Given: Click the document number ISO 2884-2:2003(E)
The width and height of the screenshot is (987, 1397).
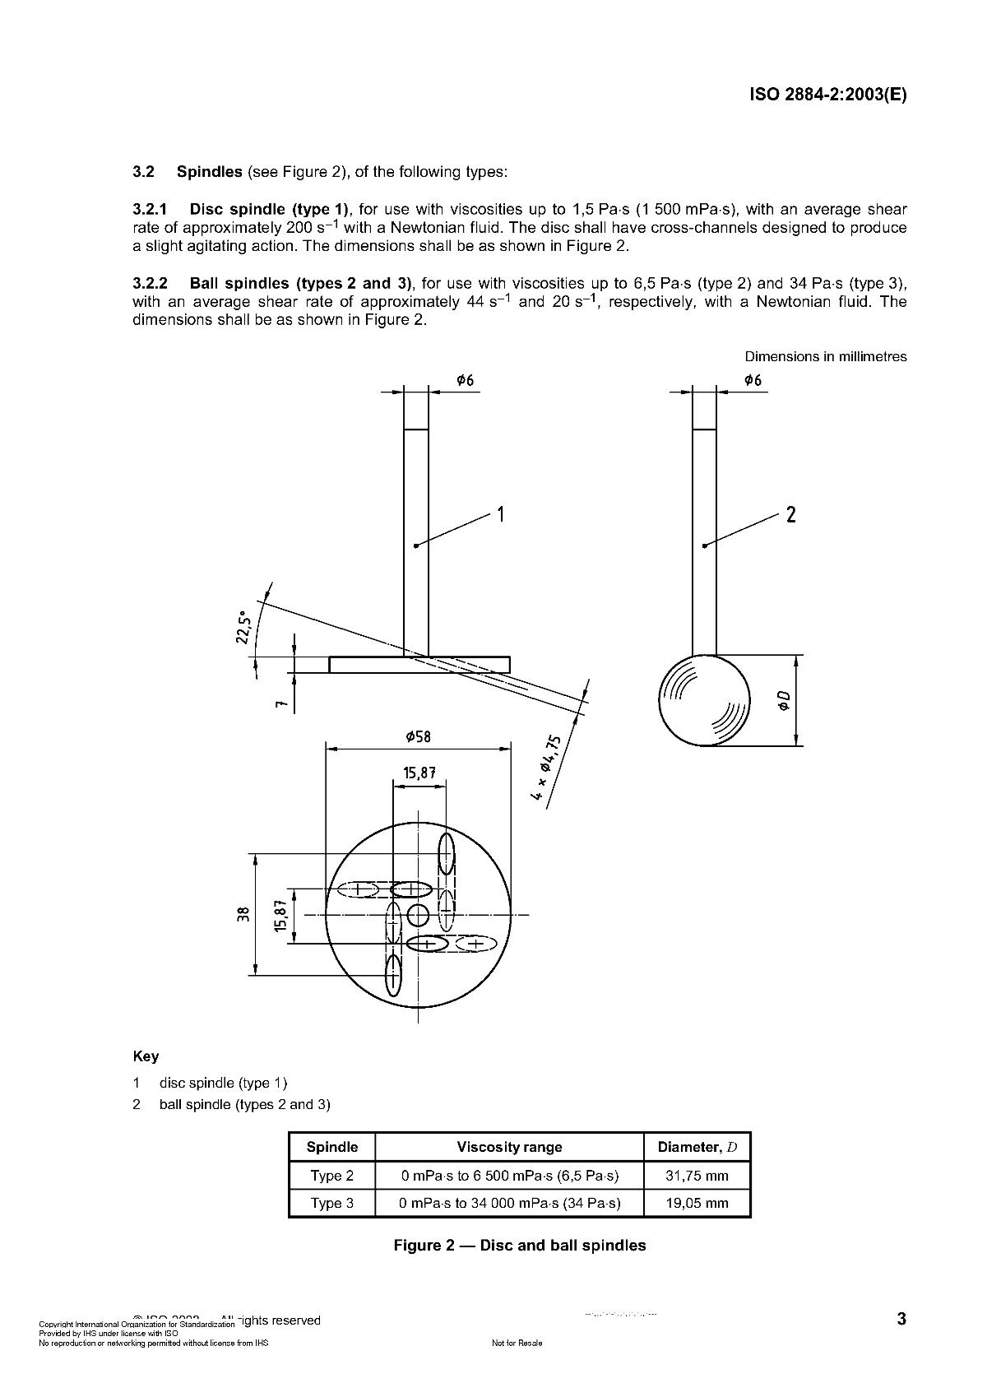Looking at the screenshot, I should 827,94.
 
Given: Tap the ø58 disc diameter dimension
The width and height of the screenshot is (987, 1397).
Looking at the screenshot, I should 418,736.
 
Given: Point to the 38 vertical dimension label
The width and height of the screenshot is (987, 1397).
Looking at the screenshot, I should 243,914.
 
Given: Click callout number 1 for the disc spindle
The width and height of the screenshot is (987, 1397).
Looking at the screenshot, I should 501,515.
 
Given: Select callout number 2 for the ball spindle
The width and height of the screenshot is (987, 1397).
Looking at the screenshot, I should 790,515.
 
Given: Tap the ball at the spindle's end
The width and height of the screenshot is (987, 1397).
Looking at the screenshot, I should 705,700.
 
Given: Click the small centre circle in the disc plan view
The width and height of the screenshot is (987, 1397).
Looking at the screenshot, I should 418,914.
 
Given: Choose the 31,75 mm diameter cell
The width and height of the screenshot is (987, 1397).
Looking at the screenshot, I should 697,1176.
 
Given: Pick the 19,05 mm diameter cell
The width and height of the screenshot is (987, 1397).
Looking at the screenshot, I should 697,1203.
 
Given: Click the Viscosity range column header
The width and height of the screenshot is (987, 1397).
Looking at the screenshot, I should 509,1147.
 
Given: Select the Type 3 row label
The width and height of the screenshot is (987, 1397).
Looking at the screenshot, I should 331,1203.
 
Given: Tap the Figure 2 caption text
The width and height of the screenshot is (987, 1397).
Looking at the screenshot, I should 519,1246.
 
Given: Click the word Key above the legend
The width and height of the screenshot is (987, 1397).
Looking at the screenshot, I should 146,1056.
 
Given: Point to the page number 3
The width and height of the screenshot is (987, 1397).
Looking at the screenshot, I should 901,1320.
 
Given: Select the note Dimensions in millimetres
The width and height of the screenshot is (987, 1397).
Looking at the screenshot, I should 825,356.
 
